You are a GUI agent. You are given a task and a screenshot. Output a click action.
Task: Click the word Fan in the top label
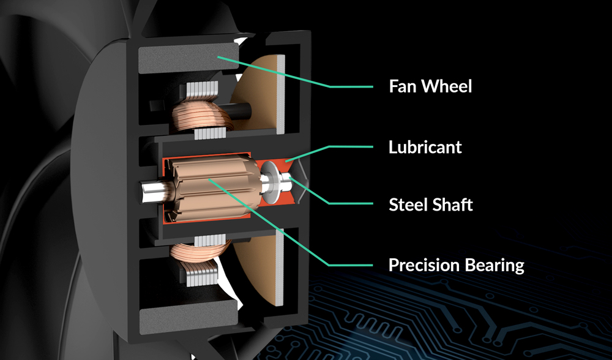pyautogui.click(x=402, y=86)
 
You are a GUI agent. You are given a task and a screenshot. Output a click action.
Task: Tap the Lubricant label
pyautogui.click(x=425, y=148)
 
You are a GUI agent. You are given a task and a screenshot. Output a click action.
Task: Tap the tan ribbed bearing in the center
pyautogui.click(x=211, y=186)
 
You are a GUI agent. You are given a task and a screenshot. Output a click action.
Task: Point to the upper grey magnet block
pyautogui.click(x=184, y=60)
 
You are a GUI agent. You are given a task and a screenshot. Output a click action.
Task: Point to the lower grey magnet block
pyautogui.click(x=184, y=317)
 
